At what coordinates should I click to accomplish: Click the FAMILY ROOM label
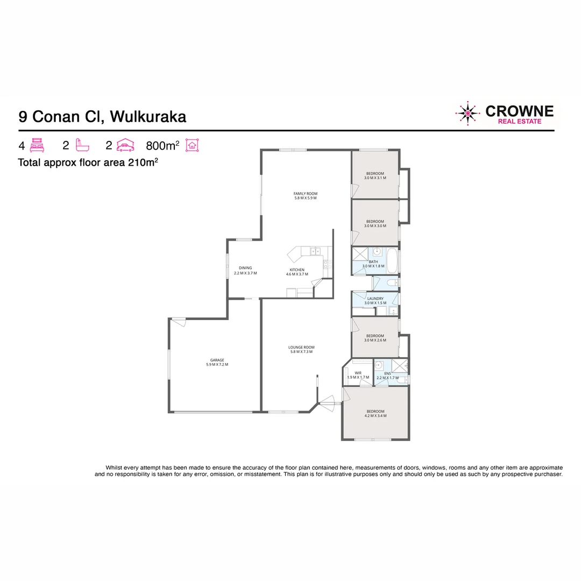tap(305, 196)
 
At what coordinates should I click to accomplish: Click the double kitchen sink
tap(315, 250)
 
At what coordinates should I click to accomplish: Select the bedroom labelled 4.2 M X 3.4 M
tap(375, 413)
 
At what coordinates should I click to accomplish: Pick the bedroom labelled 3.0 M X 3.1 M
tap(375, 175)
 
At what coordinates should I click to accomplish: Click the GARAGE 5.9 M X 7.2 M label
tap(217, 362)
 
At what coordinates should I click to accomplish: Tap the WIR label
tap(358, 375)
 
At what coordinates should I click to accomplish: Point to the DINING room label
tap(245, 271)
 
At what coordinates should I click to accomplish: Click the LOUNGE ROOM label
tap(301, 350)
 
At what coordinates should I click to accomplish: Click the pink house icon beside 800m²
tap(192, 145)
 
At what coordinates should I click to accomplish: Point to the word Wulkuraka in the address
tap(148, 116)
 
